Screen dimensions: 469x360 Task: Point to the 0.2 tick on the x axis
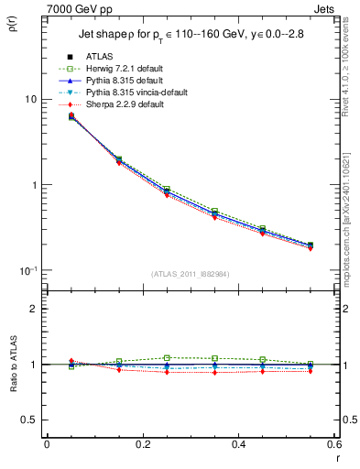(x=143, y=445)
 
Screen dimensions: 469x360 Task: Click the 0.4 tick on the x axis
(x=239, y=445)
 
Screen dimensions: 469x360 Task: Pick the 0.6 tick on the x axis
(x=334, y=445)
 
